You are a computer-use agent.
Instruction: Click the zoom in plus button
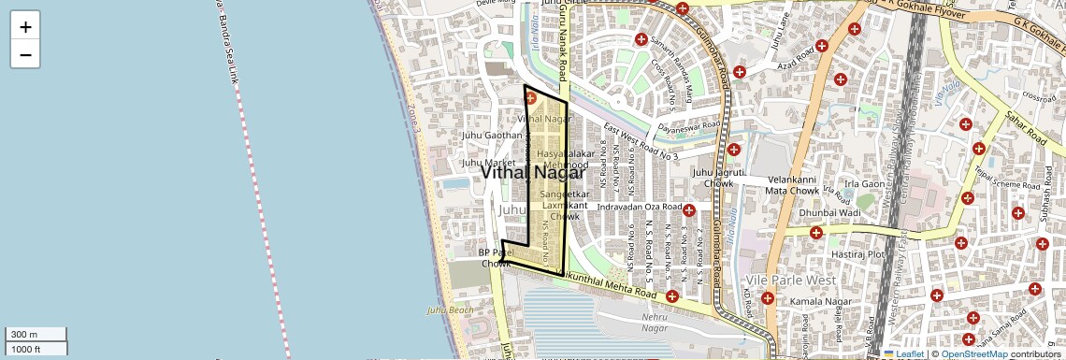(25, 26)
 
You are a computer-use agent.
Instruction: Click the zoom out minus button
(25, 55)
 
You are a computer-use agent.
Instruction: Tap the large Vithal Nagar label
(533, 172)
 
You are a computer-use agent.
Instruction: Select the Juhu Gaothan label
(492, 136)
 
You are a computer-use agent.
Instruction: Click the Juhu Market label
(488, 163)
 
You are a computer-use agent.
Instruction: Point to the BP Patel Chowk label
(497, 258)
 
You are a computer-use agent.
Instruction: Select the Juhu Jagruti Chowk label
(718, 178)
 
